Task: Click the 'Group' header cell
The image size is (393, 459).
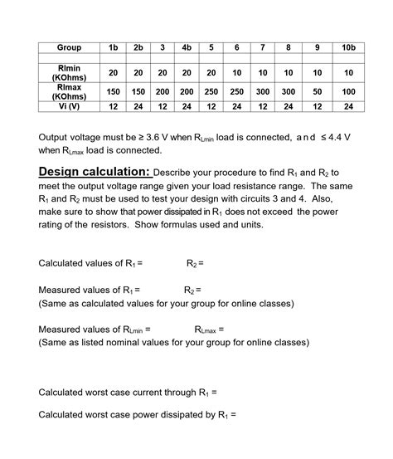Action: click(x=68, y=49)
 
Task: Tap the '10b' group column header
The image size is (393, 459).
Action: click(x=348, y=49)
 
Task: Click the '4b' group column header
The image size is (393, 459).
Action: click(x=187, y=49)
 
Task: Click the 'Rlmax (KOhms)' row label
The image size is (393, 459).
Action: click(x=68, y=91)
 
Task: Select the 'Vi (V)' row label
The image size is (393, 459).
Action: click(x=68, y=107)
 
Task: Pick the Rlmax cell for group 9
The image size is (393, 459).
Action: click(x=317, y=91)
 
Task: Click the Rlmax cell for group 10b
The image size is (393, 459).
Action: click(x=348, y=91)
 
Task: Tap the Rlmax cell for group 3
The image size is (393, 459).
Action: click(x=163, y=91)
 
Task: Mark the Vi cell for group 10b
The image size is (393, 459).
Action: click(x=348, y=107)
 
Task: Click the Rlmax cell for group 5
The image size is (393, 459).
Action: click(x=211, y=91)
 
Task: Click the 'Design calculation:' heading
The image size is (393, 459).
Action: click(x=95, y=172)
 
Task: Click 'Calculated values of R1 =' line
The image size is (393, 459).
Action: click(x=91, y=263)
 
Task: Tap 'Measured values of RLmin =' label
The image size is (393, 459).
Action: click(x=95, y=330)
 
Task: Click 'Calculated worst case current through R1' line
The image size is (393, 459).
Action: click(x=129, y=392)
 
